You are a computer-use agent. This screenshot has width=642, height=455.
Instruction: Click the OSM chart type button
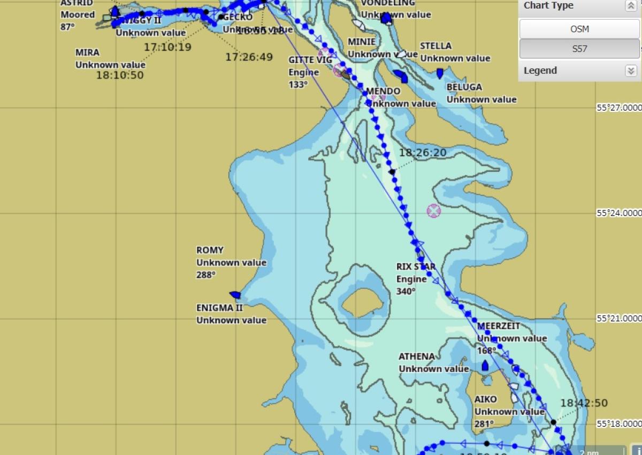(579, 29)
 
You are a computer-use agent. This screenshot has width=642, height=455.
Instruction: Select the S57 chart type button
(579, 49)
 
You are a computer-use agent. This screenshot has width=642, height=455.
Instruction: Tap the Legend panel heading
(540, 71)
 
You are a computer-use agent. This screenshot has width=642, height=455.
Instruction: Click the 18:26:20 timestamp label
(423, 153)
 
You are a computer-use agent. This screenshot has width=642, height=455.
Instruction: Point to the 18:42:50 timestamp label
(584, 403)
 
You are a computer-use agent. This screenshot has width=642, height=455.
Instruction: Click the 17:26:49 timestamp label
(249, 57)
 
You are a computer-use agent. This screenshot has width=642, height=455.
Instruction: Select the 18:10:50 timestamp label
(120, 75)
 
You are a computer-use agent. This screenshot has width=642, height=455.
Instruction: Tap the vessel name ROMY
(210, 250)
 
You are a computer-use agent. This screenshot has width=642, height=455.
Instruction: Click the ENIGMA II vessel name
(219, 308)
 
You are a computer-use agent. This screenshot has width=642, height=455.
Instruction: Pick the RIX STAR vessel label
(416, 267)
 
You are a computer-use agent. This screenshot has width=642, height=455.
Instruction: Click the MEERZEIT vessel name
(499, 326)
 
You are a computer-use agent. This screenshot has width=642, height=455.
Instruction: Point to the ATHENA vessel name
(417, 357)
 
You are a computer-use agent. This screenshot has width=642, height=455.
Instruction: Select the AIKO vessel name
(485, 399)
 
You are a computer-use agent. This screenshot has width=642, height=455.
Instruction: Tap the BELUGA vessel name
(464, 87)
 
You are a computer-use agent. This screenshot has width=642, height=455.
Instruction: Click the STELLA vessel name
(435, 46)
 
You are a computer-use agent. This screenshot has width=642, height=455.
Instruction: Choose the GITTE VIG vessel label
(310, 60)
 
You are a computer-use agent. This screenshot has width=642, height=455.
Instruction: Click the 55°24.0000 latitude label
(619, 213)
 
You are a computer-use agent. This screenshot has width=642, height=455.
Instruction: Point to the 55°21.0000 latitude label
(619, 318)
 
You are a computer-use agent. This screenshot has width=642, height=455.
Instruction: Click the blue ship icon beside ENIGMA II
(234, 294)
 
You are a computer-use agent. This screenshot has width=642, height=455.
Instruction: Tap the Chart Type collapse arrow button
(630, 6)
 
